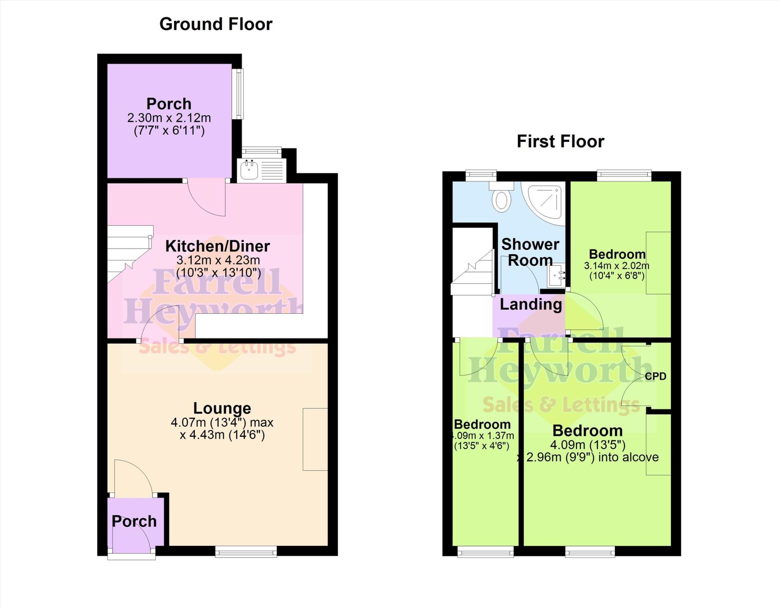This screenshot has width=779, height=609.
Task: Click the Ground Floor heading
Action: pyautogui.click(x=216, y=24)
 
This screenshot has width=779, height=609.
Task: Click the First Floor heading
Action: pyautogui.click(x=560, y=142)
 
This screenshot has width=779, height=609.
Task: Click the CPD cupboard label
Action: pyautogui.click(x=655, y=376)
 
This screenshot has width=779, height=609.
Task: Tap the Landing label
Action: pyautogui.click(x=531, y=304)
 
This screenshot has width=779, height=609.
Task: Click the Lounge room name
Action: pyautogui.click(x=222, y=408)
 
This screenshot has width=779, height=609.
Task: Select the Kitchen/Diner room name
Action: pyautogui.click(x=218, y=246)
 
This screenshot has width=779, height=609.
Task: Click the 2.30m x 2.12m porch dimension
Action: pyautogui.click(x=169, y=118)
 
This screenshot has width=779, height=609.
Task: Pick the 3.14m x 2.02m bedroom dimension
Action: pyautogui.click(x=617, y=266)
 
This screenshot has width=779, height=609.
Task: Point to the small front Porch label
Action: pyautogui.click(x=134, y=521)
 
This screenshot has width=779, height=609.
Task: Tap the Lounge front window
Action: pyautogui.click(x=246, y=552)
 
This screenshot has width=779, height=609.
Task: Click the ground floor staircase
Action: pyautogui.click(x=127, y=251)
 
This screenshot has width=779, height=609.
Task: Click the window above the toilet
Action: pyautogui.click(x=481, y=175)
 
